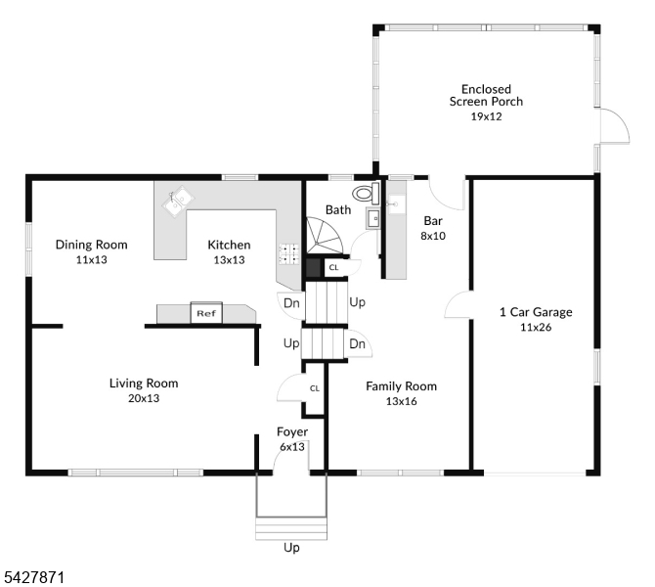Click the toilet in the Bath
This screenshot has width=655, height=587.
pyautogui.click(x=366, y=194)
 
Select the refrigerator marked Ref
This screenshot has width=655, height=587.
pyautogui.click(x=206, y=313)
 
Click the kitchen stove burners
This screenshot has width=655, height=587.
pyautogui.click(x=289, y=254)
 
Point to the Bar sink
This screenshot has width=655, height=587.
pyautogui.click(x=397, y=204)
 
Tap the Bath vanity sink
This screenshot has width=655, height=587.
pyautogui.click(x=373, y=218)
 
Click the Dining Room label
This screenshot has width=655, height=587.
pyautogui.click(x=92, y=245)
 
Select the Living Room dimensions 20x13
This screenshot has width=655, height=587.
pyautogui.click(x=144, y=398)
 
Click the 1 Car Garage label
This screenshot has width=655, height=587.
pyautogui.click(x=536, y=312)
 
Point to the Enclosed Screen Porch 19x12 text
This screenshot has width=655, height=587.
pyautogui.click(x=486, y=103)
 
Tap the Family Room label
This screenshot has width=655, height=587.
pyautogui.click(x=402, y=386)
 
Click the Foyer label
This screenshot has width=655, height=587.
pyautogui.click(x=292, y=431)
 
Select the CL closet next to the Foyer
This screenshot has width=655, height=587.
pyautogui.click(x=314, y=388)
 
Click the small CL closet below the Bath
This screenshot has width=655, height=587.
pyautogui.click(x=333, y=268)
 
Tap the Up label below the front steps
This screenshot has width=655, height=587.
pyautogui.click(x=291, y=548)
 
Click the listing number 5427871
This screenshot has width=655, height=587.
pyautogui.click(x=34, y=578)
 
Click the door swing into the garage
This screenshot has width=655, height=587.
pyautogui.click(x=458, y=305)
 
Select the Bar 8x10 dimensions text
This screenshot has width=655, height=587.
pyautogui.click(x=433, y=236)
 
